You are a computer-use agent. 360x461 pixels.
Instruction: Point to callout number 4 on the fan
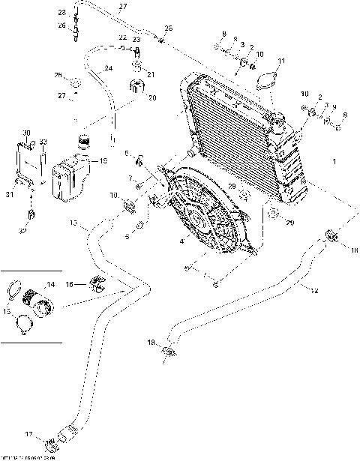pos(181,241)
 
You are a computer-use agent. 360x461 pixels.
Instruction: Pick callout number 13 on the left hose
pos(73,223)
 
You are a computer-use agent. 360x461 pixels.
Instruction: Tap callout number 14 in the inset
pos(51,285)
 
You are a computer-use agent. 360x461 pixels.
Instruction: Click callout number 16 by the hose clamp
pos(69,285)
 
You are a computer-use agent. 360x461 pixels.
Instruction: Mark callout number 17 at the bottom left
pos(29,434)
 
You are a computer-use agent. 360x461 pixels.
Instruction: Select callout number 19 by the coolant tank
pos(103,160)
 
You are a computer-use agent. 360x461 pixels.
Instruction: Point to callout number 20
pos(152,97)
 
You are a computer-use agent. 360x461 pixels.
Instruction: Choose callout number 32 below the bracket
pos(22,232)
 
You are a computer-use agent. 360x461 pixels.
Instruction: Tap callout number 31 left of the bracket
pos(10,196)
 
